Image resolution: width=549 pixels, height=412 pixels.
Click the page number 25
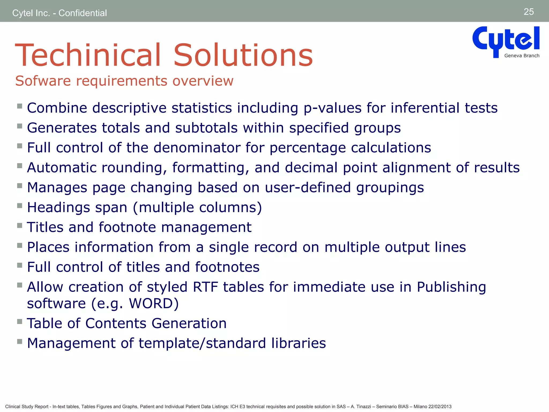pos(529,12)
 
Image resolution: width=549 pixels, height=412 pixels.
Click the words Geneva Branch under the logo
pos(522,56)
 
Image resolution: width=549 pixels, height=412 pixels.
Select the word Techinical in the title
pos(88,55)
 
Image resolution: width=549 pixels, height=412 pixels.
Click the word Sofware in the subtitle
pos(43,81)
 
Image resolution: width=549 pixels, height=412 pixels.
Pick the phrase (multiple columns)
pos(197,208)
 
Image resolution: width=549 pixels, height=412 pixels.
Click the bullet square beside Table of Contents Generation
pos(20,321)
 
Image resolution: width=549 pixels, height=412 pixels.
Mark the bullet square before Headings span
pos(20,206)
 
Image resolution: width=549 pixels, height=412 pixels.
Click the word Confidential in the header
pos(83,13)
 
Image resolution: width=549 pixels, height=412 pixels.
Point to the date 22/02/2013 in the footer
pos(440,407)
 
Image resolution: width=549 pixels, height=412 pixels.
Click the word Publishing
pos(451,287)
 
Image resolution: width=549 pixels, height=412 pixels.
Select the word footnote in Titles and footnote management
pos(127,227)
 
